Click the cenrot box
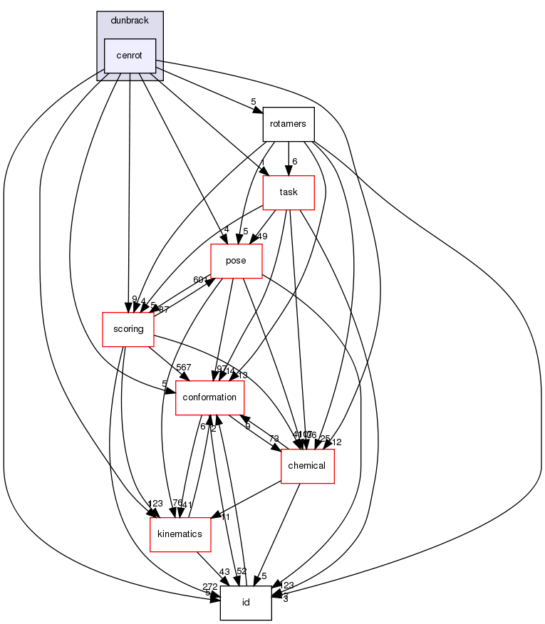pos(130,56)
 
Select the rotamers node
pos(288,124)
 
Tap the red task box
pos(289,192)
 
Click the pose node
pos(236,261)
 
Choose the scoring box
pos(128,329)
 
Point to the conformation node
pos(210,397)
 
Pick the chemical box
pos(308,466)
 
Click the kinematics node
pos(180,534)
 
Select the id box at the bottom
pos(246,603)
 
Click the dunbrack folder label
pos(130,21)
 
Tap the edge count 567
pos(184,368)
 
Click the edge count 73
pos(274,438)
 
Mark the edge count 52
pos(242,572)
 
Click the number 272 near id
pos(209,586)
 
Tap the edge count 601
pos(200,280)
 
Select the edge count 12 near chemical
pos(337,442)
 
